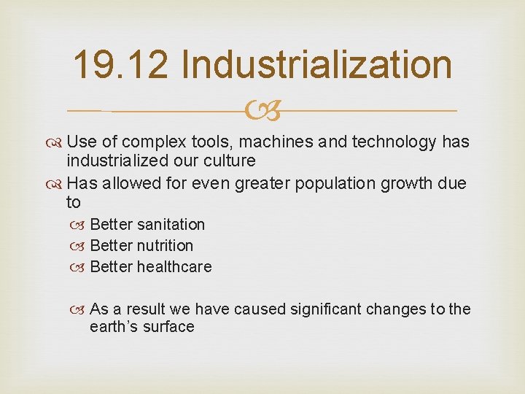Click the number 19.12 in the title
point(120,64)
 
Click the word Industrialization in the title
point(316,64)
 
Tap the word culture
point(230,161)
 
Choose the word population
point(335,184)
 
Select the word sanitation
point(171,224)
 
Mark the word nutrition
point(166,245)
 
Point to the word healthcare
point(174,267)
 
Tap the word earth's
point(112,327)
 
